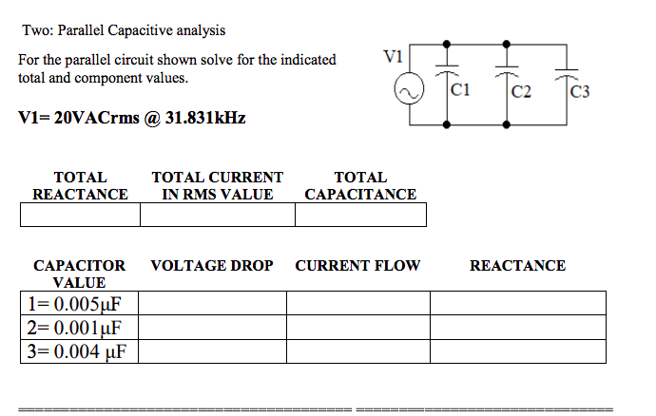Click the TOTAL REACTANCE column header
[x=80, y=185]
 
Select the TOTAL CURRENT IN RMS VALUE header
[x=217, y=185]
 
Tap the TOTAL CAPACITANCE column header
[x=360, y=185]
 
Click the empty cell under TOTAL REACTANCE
[x=80, y=216]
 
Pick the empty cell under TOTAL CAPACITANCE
[x=360, y=216]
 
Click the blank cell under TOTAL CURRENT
[x=217, y=216]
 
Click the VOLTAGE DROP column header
[x=212, y=266]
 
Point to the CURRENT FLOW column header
[x=357, y=266]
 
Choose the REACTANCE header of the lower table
[x=517, y=266]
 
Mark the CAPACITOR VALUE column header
[x=79, y=274]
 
